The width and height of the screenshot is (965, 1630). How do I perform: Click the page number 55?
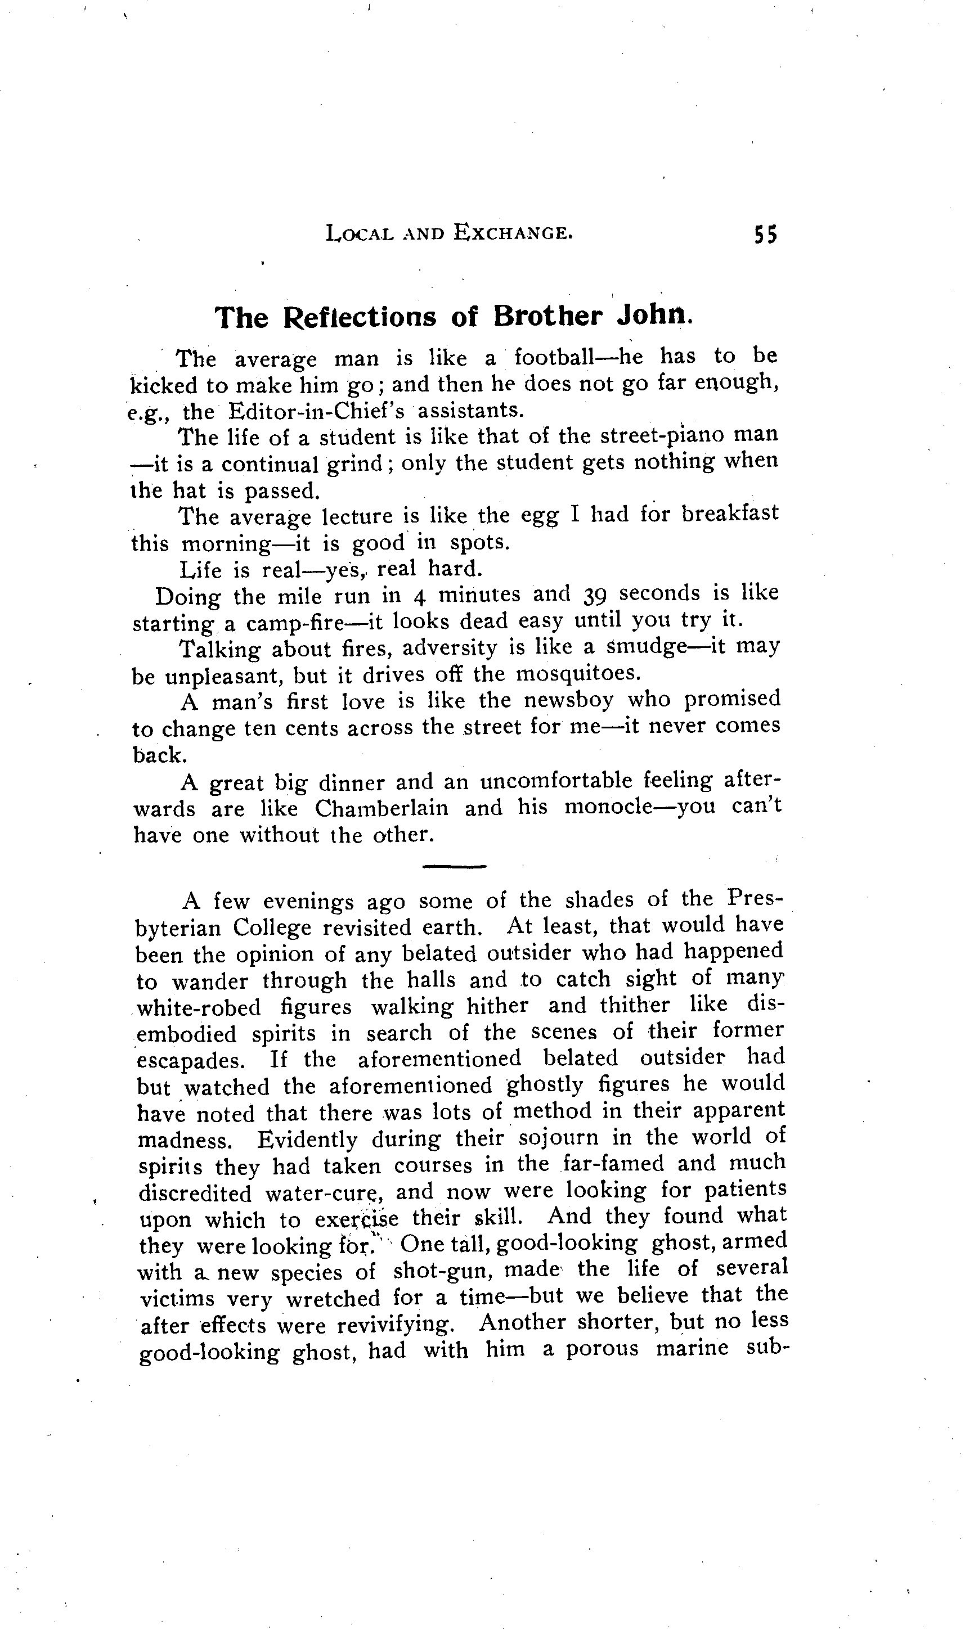click(765, 234)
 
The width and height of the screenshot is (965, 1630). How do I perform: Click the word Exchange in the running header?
click(513, 232)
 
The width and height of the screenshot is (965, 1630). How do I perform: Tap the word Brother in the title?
click(547, 316)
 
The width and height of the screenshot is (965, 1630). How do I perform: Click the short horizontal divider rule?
click(454, 866)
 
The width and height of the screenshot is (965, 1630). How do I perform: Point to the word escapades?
click(191, 1060)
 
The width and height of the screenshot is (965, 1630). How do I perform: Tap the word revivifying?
click(394, 1324)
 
